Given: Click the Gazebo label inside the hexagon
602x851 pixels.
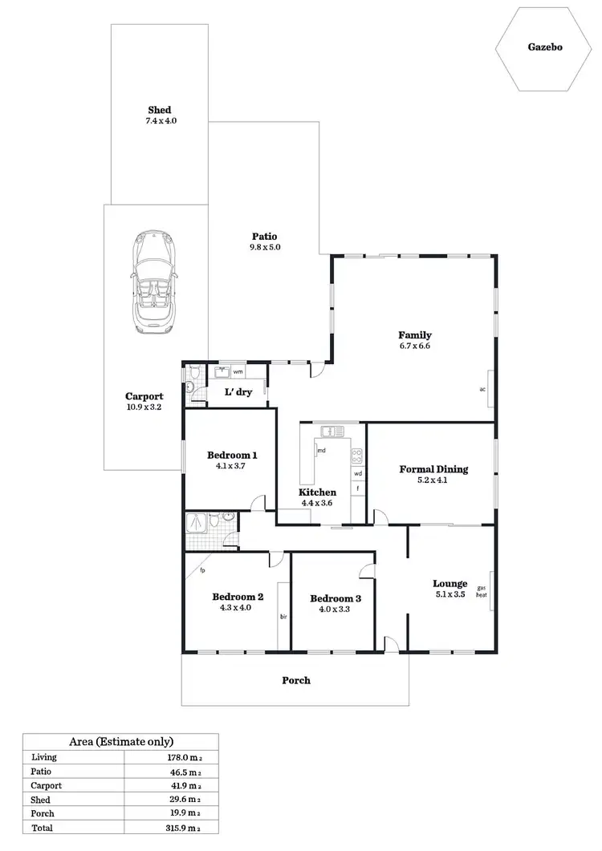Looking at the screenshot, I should (x=545, y=47).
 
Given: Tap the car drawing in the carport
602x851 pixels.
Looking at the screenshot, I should (x=156, y=282).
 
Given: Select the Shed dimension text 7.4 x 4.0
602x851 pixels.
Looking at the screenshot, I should (x=159, y=121).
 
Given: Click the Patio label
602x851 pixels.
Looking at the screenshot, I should (x=265, y=236).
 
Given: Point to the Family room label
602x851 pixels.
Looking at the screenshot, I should (x=415, y=335).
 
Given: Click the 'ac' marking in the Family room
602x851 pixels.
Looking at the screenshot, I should (x=482, y=390).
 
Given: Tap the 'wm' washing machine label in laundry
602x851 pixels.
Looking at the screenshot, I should (x=238, y=373).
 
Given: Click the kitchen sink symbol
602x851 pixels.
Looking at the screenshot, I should (x=332, y=432).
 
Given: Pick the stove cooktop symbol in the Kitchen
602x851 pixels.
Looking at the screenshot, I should (x=357, y=456).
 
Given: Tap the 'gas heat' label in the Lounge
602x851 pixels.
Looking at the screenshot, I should (x=482, y=591).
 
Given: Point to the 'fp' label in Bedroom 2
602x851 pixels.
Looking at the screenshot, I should (x=203, y=571).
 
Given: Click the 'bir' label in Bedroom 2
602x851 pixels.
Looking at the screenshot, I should (x=283, y=617).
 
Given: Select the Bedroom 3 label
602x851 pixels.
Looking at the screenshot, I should (x=336, y=598).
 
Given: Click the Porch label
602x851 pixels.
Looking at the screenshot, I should (x=295, y=680).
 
